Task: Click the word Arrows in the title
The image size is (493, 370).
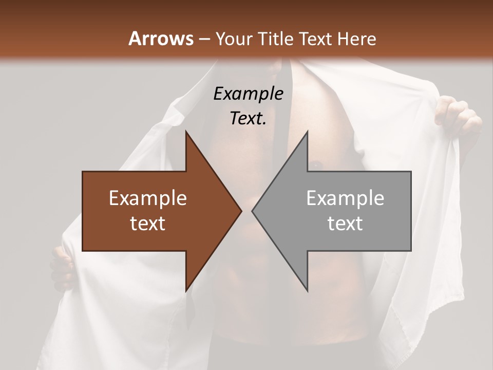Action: (x=160, y=39)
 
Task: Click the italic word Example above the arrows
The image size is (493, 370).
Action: (x=248, y=94)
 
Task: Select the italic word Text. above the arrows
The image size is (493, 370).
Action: (x=248, y=119)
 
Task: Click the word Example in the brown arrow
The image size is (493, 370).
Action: (x=148, y=198)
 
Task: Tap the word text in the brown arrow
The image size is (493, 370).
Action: (x=148, y=223)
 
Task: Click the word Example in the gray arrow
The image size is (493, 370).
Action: (x=345, y=198)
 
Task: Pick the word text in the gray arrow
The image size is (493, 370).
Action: (x=345, y=223)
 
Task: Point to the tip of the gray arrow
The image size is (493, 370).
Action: (x=253, y=211)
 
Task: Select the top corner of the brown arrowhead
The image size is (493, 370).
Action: (x=186, y=132)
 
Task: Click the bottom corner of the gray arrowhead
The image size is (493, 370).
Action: (x=307, y=290)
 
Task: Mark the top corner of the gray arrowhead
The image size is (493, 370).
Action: (x=307, y=132)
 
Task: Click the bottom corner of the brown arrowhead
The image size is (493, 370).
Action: (x=186, y=290)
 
